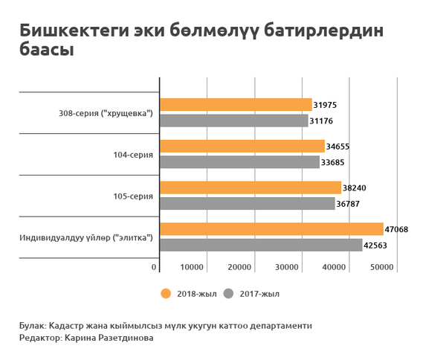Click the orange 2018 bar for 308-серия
pos(236,105)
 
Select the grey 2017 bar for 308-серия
pos(233,121)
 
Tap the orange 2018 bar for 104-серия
pos(242,147)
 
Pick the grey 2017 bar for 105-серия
pos(247,203)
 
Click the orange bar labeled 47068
pos(271,229)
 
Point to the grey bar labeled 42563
pos(261,245)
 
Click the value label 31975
pos(326,105)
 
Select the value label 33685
pos(333,162)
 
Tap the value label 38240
pos(355,188)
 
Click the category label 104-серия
pos(135,155)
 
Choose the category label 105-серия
pos(135,196)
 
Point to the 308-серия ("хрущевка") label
pos(106,113)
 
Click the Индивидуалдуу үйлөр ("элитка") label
pos(86,238)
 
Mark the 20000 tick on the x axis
pos(239,267)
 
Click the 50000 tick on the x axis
pos(382,267)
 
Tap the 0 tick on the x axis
pos(155,267)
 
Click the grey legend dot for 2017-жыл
pos(229,293)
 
